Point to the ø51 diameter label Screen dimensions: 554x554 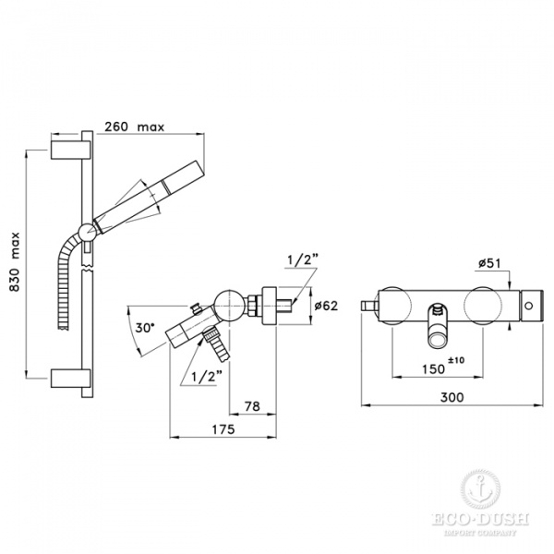489,265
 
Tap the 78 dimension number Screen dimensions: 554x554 251,405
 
